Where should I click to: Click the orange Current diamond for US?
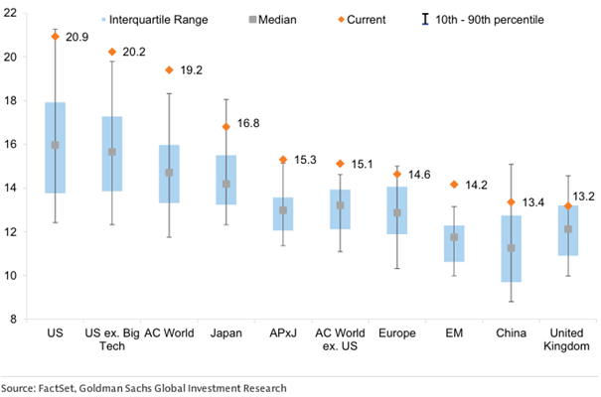pos(56,36)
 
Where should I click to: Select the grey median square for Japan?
pos(225,184)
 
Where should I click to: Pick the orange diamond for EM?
pos(453,184)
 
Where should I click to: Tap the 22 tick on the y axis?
pos(16,13)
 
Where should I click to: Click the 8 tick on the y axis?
pos(19,320)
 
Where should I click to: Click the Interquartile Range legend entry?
pos(156,19)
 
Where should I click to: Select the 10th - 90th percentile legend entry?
pos(483,19)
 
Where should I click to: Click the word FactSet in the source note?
pos(67,387)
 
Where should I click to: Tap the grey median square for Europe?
pos(396,212)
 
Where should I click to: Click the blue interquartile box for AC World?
pos(169,174)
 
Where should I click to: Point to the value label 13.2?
pos(586,196)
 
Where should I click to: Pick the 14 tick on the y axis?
pos(16,188)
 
